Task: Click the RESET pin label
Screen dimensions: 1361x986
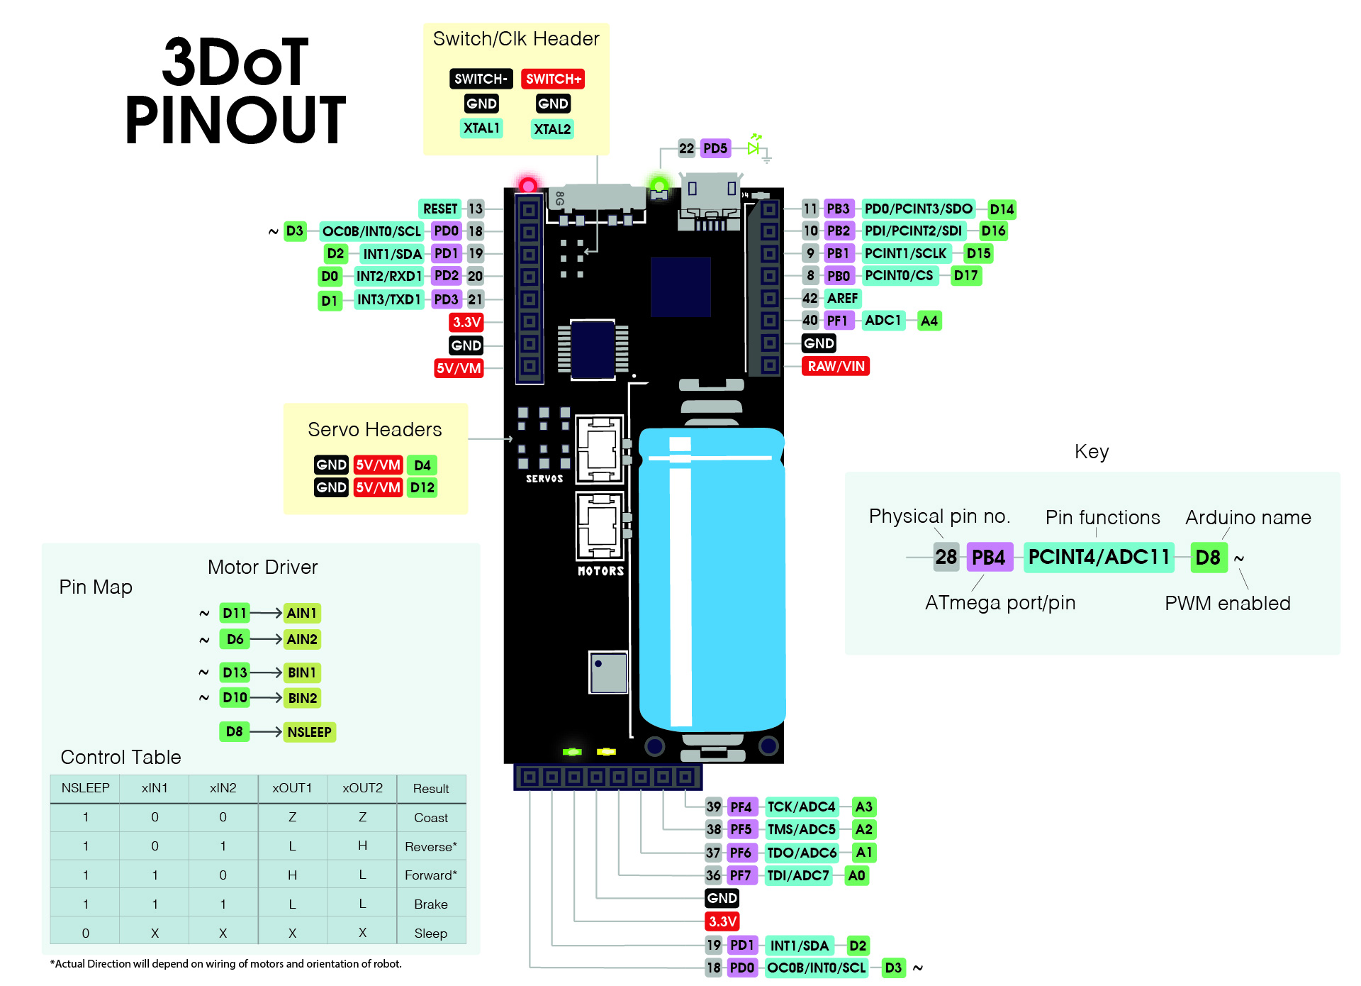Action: point(440,209)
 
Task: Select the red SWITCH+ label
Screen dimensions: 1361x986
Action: point(554,79)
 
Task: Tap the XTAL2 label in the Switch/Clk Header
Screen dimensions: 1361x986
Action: point(552,129)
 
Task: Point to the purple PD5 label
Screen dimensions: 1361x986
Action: point(715,148)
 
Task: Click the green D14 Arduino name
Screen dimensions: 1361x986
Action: point(1002,209)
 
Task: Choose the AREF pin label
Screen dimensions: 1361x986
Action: point(842,298)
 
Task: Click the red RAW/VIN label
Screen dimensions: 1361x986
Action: point(836,366)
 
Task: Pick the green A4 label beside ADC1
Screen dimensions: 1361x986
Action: point(929,321)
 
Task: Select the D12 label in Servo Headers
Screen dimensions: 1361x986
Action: point(422,487)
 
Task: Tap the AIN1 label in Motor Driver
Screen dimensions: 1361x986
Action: point(302,613)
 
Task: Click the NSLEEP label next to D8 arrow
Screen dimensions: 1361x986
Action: point(310,732)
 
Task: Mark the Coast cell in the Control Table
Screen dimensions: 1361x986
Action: point(431,818)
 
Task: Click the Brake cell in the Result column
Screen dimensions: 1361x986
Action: point(431,904)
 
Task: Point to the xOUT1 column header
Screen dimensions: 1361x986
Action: point(292,788)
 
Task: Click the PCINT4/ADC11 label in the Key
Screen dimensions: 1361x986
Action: point(1099,557)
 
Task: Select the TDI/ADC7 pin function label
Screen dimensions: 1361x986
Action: point(798,875)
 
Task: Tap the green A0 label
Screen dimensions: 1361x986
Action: point(856,875)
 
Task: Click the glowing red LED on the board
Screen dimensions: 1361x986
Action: point(528,185)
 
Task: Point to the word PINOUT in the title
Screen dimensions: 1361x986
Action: point(235,120)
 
